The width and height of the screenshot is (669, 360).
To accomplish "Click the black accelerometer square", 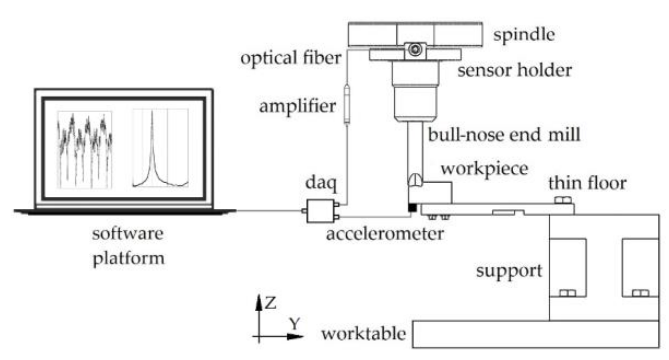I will [x=412, y=208].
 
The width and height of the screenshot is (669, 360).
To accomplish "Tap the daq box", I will [x=320, y=211].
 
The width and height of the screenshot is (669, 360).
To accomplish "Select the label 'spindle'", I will [x=524, y=35].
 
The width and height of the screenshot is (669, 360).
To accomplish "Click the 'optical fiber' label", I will [x=291, y=58].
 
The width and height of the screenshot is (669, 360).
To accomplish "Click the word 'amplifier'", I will [x=297, y=106].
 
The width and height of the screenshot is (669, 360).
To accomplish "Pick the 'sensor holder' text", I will [x=514, y=70].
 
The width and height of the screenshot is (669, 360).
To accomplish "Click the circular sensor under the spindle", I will [x=415, y=49].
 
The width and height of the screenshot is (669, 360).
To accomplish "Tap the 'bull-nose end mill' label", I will [x=503, y=135].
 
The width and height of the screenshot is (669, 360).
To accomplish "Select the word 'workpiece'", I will [x=484, y=169].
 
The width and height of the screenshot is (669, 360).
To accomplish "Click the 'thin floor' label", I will [x=587, y=183].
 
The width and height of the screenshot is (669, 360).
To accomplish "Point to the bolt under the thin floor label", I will [x=563, y=200].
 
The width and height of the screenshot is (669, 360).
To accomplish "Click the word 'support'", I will [x=509, y=271].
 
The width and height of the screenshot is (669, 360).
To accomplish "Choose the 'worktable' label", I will [x=363, y=334].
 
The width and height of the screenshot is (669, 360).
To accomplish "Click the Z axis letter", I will [x=270, y=303].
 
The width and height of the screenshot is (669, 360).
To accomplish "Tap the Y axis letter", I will [x=295, y=323].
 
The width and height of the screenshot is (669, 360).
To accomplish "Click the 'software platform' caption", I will [x=128, y=245].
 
